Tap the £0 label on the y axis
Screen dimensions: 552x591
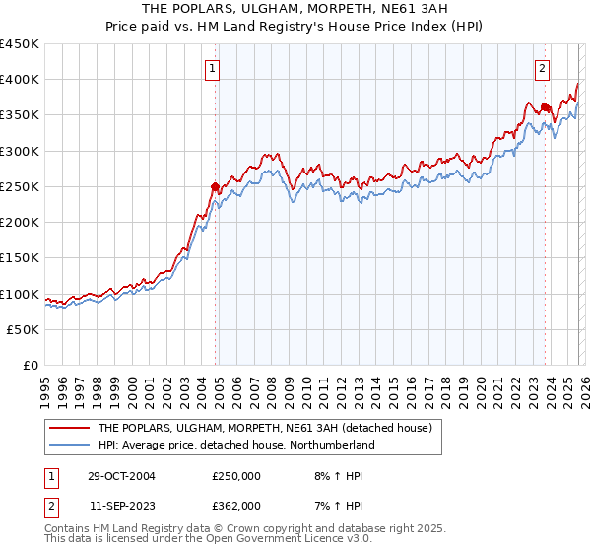coord(32,366)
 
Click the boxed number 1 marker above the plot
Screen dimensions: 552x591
coord(213,68)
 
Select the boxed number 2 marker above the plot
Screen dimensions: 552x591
coord(543,68)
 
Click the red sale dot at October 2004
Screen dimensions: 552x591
coord(215,186)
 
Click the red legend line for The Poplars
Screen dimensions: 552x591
coord(69,428)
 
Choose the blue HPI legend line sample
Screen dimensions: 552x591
coord(69,445)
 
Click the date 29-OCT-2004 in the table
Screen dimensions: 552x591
coord(121,475)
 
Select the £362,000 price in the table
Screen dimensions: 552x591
coord(236,505)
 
